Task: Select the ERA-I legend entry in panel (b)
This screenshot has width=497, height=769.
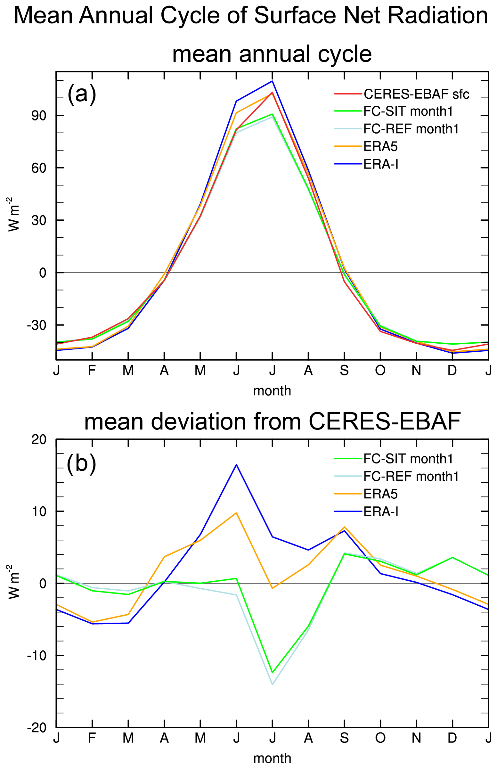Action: pos(381,512)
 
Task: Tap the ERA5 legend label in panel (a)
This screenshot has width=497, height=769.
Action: pos(380,146)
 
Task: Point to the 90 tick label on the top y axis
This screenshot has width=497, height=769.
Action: pos(39,116)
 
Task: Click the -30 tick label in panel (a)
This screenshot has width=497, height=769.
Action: pos(37,325)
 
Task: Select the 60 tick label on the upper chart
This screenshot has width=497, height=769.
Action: pos(39,168)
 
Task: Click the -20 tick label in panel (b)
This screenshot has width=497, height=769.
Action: pos(37,727)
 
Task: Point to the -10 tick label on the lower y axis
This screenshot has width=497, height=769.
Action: pos(37,655)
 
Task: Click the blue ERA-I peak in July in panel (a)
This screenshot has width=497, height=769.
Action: pos(273,81)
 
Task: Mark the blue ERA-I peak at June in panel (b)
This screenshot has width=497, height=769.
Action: pos(236,465)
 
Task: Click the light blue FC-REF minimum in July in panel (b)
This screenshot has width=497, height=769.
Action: pos(273,684)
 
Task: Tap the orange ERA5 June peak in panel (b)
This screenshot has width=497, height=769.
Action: pos(236,513)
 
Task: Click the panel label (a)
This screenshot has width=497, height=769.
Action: pos(82,94)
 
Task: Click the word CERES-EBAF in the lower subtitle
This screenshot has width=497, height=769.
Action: pos(384,421)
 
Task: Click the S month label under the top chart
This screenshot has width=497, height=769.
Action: pos(344,371)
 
